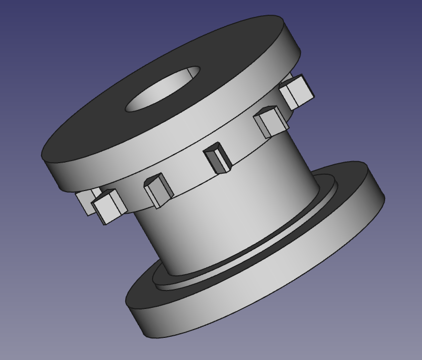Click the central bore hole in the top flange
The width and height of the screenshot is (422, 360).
tap(163, 89)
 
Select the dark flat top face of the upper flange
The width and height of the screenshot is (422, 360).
tap(105, 132)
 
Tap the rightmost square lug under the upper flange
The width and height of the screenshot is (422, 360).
tap(297, 91)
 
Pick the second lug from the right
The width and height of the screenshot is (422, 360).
tap(270, 122)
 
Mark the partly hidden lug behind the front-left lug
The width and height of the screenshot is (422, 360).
tap(84, 200)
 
